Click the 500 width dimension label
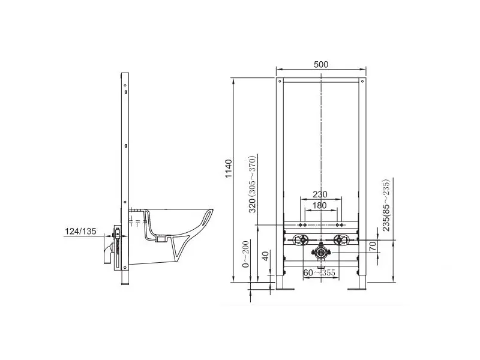321,64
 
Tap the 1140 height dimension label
229,169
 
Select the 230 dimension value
320,194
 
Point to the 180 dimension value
319,205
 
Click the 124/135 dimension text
80,231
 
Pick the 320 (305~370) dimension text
252,184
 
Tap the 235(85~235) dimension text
386,205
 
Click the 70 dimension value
373,246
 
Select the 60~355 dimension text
319,272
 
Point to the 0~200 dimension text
246,254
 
